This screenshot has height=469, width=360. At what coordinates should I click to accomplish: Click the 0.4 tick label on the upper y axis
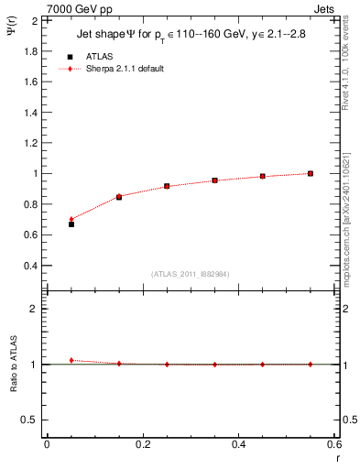pos(30,266)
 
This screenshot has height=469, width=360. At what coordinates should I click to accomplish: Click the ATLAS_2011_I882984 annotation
pos(190,274)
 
